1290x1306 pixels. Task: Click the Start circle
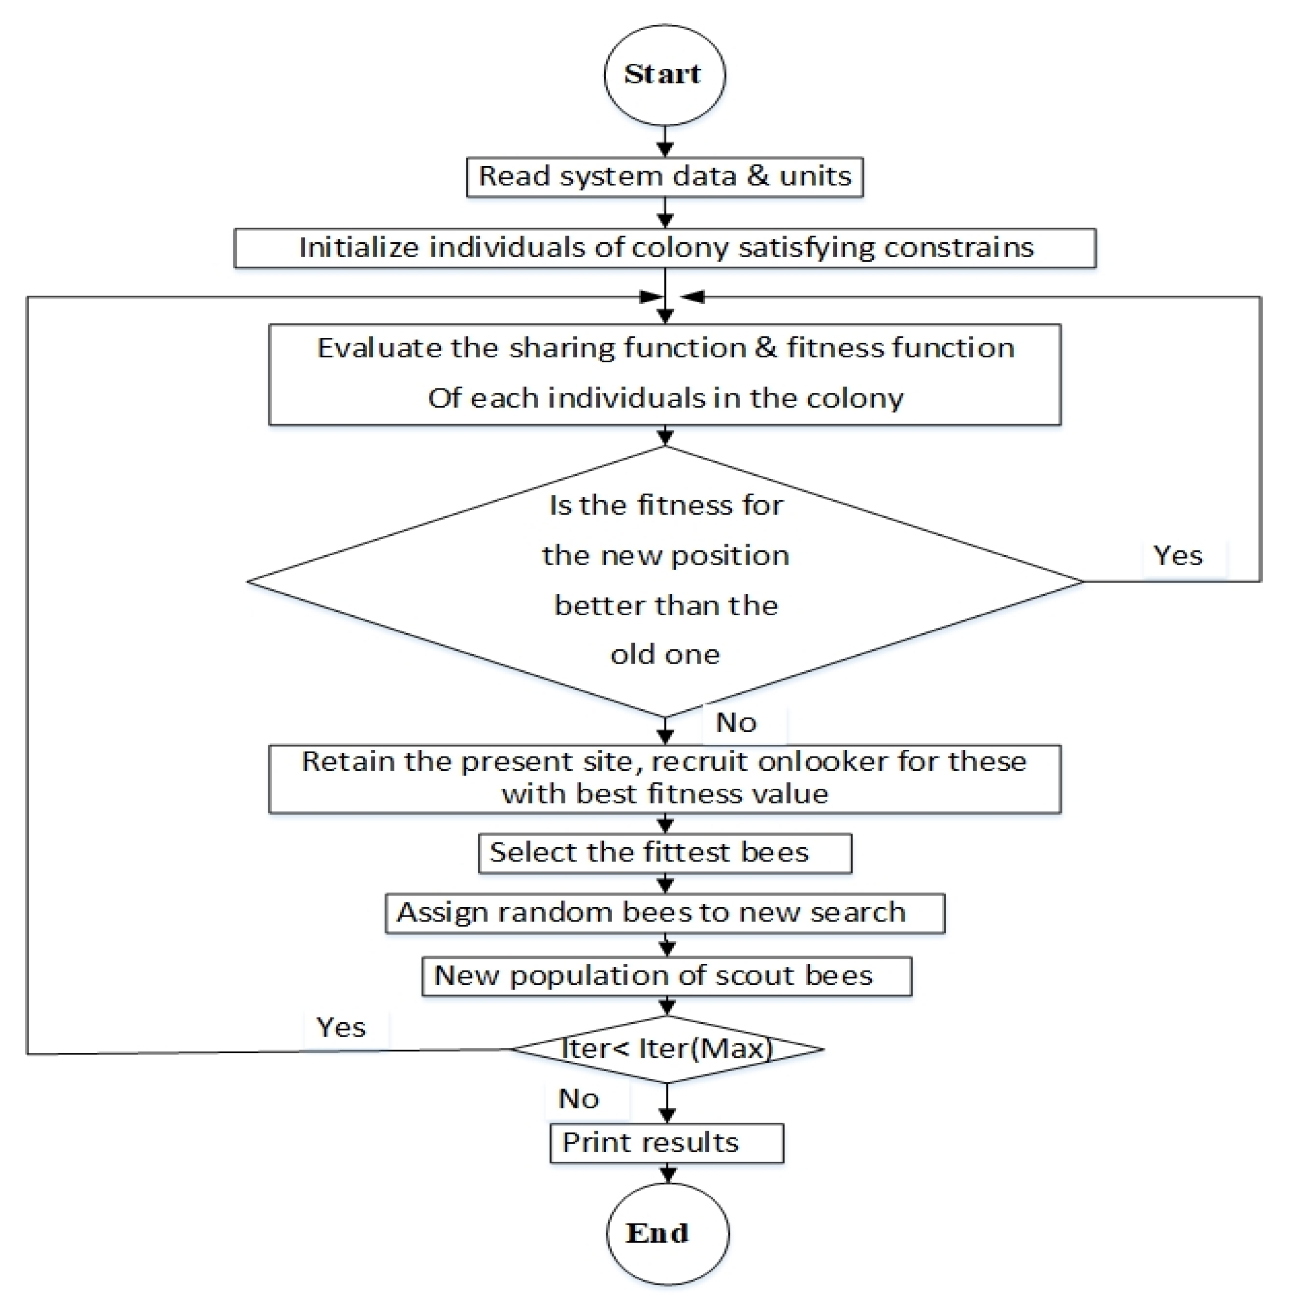[664, 75]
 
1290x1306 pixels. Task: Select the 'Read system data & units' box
[664, 177]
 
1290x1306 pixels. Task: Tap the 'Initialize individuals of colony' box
[664, 248]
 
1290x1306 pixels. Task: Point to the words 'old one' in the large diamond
[665, 654]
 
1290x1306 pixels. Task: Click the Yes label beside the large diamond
[1178, 556]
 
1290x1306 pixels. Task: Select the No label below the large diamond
[736, 722]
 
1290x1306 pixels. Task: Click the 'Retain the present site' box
[664, 779]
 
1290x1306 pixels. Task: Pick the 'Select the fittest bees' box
[664, 853]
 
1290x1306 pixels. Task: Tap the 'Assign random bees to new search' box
[664, 913]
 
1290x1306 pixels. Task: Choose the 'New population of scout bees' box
[666, 976]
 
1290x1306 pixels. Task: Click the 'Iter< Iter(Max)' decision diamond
[666, 1049]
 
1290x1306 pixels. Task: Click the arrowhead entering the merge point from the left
[650, 297]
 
